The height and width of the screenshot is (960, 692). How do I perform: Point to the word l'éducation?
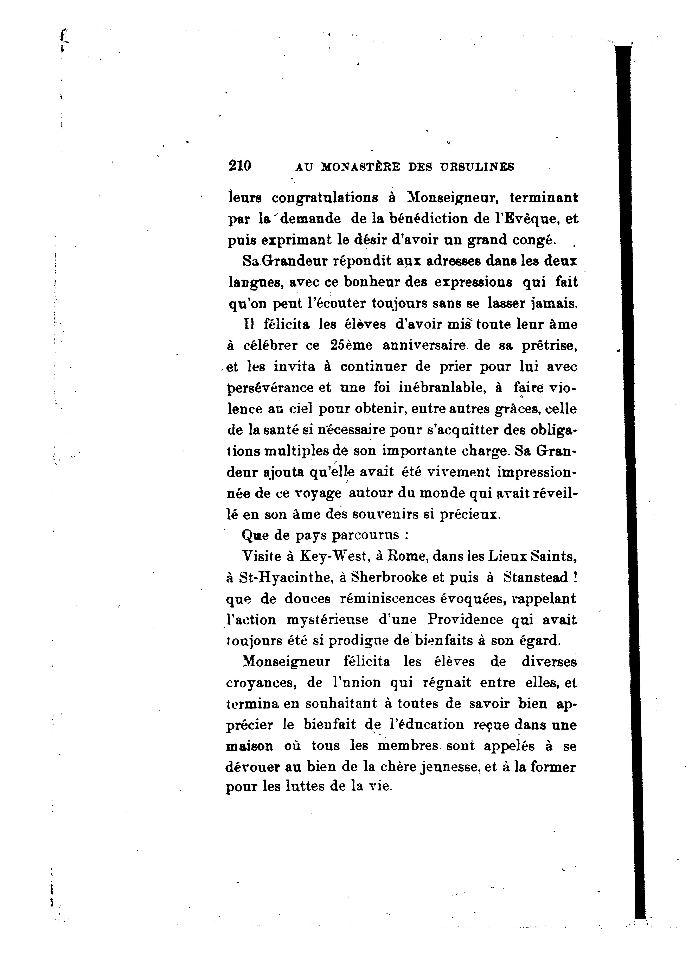(424, 725)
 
